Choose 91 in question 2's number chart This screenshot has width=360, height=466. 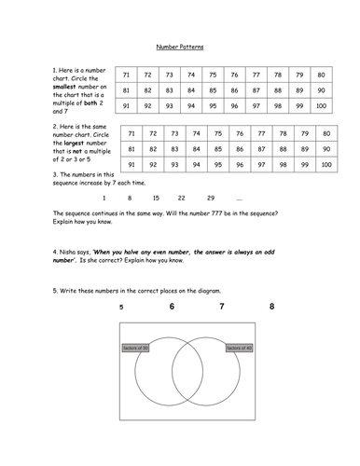tap(132, 165)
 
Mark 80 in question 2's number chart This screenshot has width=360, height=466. tap(326, 133)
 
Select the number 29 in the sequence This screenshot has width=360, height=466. tap(210, 199)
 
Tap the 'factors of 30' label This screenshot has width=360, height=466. tap(136, 348)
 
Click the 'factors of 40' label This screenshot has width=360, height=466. tap(239, 348)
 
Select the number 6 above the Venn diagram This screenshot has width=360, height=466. tap(171, 307)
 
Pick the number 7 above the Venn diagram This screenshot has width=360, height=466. tap(221, 307)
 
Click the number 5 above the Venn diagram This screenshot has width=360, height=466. tap(121, 307)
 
